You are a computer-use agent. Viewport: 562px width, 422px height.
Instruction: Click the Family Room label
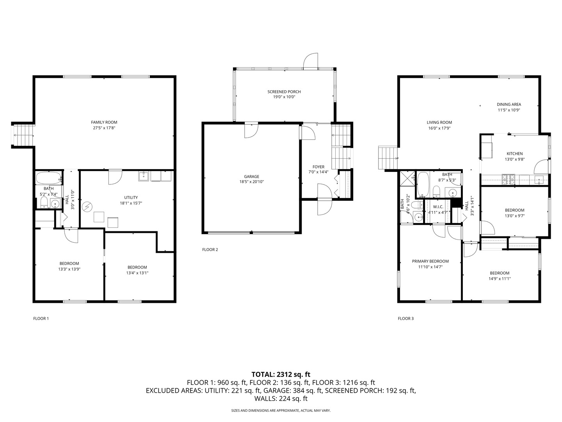pyautogui.click(x=104, y=122)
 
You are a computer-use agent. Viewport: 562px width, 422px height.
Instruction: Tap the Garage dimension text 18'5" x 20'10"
pyautogui.click(x=251, y=182)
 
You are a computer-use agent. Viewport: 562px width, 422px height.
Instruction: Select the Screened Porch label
pyautogui.click(x=284, y=92)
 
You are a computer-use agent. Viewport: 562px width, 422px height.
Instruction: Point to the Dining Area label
pyautogui.click(x=509, y=104)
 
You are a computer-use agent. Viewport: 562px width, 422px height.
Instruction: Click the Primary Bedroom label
pyautogui.click(x=430, y=261)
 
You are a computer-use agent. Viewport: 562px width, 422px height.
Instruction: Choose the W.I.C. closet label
pyautogui.click(x=438, y=207)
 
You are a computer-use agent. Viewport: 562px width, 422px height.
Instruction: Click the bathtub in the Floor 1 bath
pyautogui.click(x=48, y=179)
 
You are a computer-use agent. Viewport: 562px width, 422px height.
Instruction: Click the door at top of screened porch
pyautogui.click(x=311, y=61)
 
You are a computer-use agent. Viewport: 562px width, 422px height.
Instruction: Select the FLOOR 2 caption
pyautogui.click(x=210, y=250)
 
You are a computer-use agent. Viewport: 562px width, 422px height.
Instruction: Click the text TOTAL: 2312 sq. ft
pyautogui.click(x=281, y=374)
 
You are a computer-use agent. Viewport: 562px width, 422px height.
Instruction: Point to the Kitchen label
pyautogui.click(x=514, y=154)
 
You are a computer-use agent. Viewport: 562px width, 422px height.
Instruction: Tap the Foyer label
pyautogui.click(x=318, y=167)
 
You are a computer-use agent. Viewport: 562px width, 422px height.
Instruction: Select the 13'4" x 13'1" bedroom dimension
pyautogui.click(x=137, y=273)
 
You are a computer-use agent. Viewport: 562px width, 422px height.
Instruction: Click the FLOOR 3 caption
pyautogui.click(x=405, y=318)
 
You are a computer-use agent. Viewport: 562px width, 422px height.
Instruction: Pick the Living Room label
pyautogui.click(x=439, y=122)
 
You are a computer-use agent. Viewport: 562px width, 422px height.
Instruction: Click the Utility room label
pyautogui.click(x=131, y=197)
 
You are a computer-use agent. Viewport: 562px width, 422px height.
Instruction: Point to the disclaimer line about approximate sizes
pyautogui.click(x=281, y=411)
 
